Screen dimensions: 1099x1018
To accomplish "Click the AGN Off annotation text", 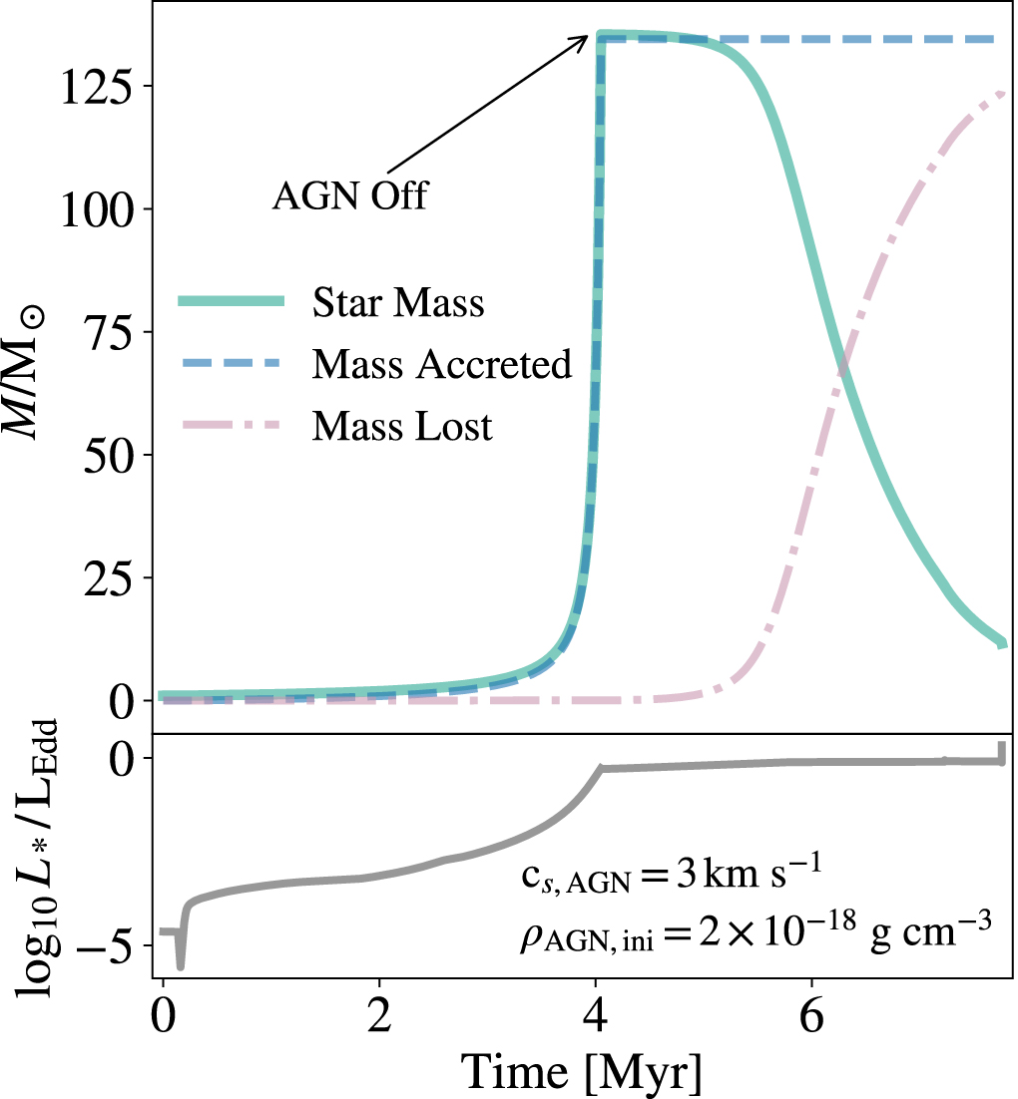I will click(349, 196).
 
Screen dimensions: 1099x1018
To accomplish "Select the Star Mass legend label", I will click(397, 301).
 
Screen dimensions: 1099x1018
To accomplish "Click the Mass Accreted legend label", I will click(441, 364).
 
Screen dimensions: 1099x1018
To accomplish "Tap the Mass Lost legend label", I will click(402, 427).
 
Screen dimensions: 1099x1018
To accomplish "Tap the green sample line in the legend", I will click(231, 301).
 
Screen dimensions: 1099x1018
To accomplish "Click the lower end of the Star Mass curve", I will click(1002, 644).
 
